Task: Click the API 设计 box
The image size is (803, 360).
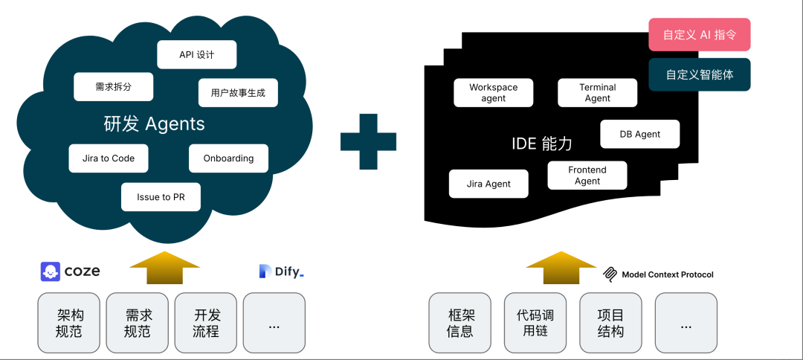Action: point(197,55)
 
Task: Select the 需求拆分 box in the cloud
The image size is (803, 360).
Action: point(113,86)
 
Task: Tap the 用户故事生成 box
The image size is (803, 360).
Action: point(238,93)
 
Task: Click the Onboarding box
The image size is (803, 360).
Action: point(228,158)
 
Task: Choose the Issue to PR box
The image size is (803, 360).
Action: point(161,197)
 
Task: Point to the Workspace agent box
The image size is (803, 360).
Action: point(493,92)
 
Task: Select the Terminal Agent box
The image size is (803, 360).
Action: point(597,92)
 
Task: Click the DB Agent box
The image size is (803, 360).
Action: point(639,134)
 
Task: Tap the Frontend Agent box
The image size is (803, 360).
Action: point(587,176)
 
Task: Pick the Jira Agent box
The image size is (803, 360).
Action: point(488,184)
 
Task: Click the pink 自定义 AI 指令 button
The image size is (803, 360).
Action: point(699,35)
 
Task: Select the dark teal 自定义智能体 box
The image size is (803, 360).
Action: point(699,74)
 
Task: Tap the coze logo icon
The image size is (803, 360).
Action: point(51,271)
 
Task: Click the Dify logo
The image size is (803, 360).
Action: point(281,272)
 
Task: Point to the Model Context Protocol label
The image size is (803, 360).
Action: point(657,274)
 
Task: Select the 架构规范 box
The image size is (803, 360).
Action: point(69,323)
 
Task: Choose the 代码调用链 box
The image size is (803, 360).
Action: point(535,323)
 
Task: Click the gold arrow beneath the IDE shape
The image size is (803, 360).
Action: point(561,268)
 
